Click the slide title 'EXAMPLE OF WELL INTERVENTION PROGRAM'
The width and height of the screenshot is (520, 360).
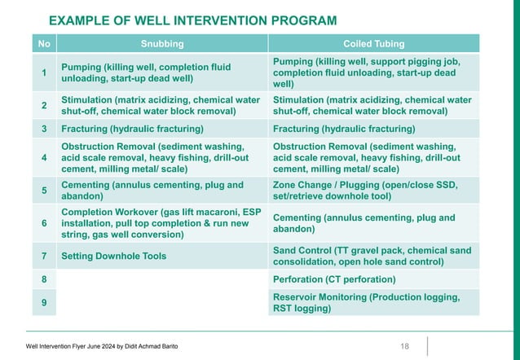[x=192, y=20]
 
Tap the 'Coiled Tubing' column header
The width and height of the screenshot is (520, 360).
[x=374, y=44]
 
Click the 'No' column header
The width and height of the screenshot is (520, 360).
[x=44, y=44]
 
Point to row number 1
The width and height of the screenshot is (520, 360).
[x=44, y=73]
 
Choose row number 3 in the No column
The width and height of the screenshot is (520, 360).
[x=44, y=129]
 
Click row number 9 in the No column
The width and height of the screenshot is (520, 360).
[x=44, y=302]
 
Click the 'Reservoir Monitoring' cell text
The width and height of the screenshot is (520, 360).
[x=366, y=302]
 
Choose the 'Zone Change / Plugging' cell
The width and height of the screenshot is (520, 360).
[x=365, y=191]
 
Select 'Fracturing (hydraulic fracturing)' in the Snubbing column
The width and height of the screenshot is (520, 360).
[x=132, y=129]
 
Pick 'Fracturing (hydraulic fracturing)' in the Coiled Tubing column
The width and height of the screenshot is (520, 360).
[x=344, y=129]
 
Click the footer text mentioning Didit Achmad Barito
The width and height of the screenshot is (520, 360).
[x=102, y=347]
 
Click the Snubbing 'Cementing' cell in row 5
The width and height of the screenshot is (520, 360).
[x=152, y=191]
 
